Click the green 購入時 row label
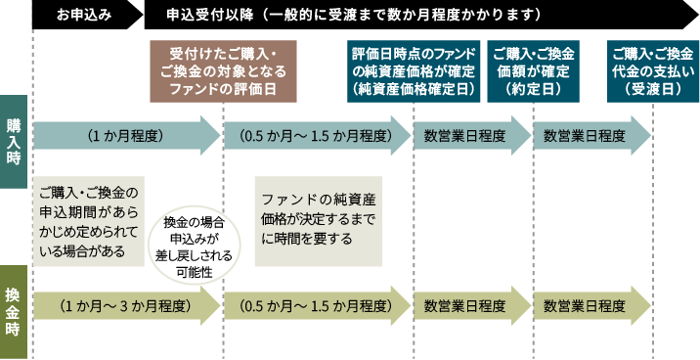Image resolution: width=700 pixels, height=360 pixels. click(x=15, y=138)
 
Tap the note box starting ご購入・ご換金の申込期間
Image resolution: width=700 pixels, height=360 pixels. click(x=89, y=220)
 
